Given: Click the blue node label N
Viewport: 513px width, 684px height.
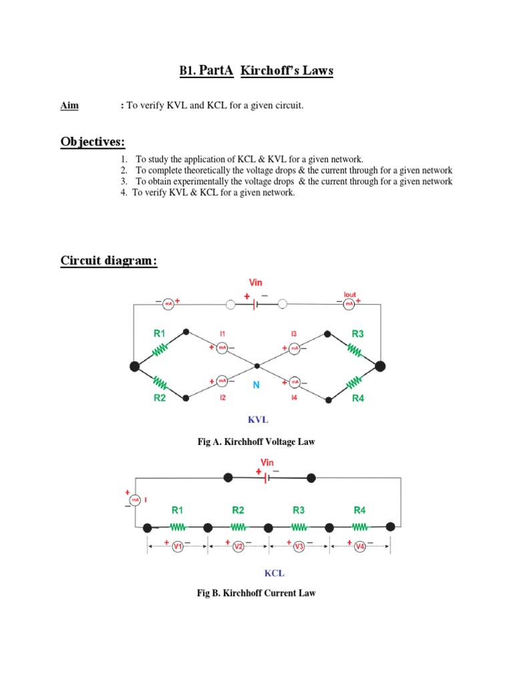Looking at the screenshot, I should click(x=255, y=385).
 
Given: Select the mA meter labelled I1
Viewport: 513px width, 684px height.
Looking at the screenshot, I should click(x=223, y=347).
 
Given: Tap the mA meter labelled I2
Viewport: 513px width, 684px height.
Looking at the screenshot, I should click(x=223, y=381).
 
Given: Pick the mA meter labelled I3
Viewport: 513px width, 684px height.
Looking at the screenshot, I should click(x=294, y=347).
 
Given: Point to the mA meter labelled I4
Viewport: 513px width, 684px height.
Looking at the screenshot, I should click(x=294, y=383).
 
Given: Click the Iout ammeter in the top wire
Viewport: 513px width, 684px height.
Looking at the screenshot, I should click(x=349, y=304).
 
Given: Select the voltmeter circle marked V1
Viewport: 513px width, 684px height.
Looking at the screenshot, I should click(x=178, y=546).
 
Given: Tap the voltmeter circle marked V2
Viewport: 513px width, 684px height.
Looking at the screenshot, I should click(x=238, y=546).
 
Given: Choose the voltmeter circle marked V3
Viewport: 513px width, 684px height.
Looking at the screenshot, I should click(x=299, y=546).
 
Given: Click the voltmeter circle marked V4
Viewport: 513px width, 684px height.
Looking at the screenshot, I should click(x=360, y=546).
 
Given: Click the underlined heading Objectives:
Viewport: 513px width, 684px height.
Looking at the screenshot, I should click(x=92, y=142).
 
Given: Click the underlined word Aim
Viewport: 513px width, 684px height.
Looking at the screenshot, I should click(x=69, y=106).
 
